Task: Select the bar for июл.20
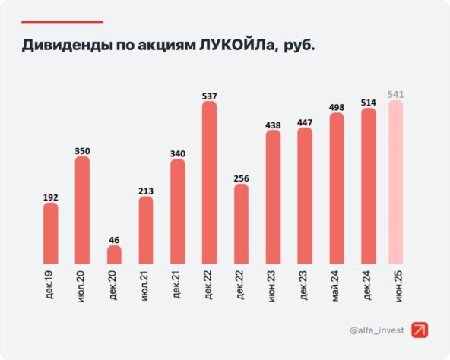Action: (82, 210)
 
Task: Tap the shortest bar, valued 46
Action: (114, 254)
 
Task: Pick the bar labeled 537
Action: (209, 183)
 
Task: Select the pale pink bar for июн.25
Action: (396, 182)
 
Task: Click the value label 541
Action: (396, 94)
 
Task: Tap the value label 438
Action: (273, 124)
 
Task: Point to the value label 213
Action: (146, 191)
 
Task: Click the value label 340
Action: (178, 153)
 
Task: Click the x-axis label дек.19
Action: (50, 283)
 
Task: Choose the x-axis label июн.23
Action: (273, 283)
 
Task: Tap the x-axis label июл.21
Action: (146, 283)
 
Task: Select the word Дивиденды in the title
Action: (65, 46)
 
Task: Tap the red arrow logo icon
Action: (420, 330)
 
